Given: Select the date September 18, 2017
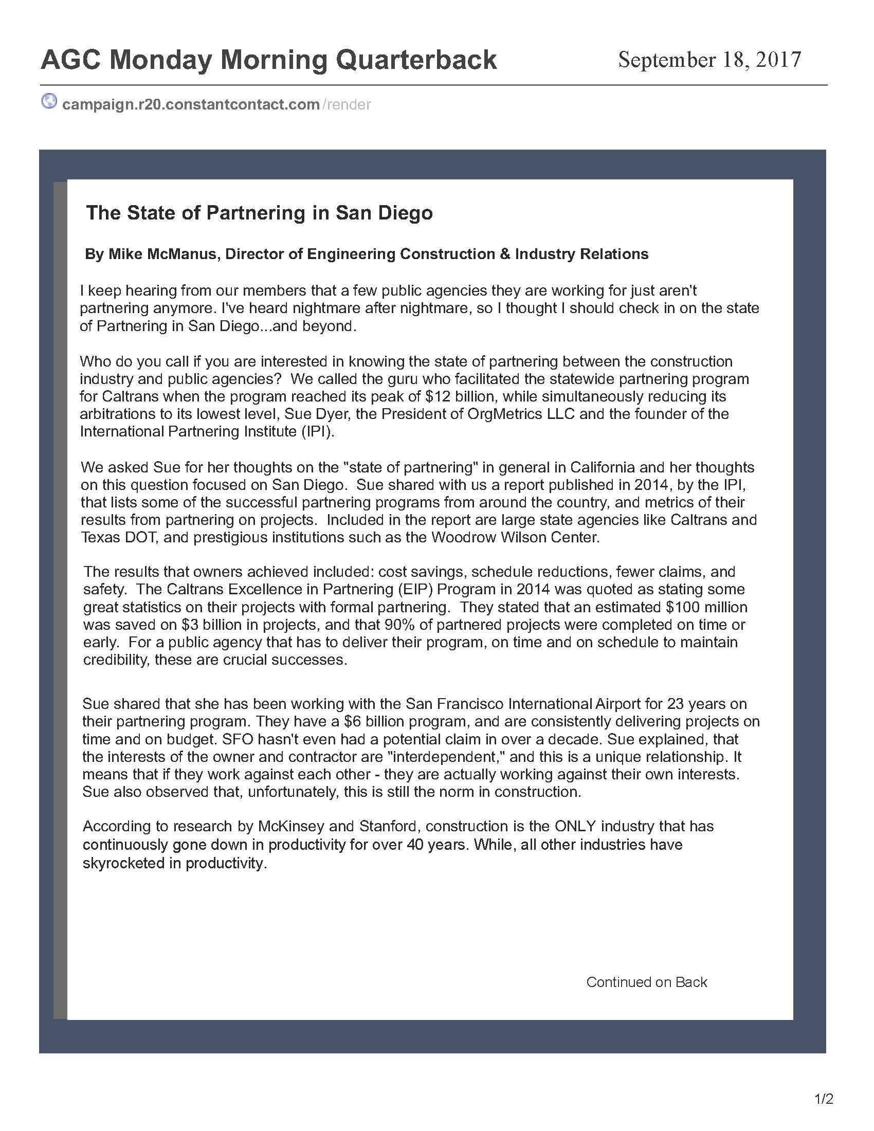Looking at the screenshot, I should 709,60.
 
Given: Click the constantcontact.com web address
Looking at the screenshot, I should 191,104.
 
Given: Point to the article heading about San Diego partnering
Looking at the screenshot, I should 260,213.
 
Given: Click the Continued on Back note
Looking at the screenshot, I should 646,982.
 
